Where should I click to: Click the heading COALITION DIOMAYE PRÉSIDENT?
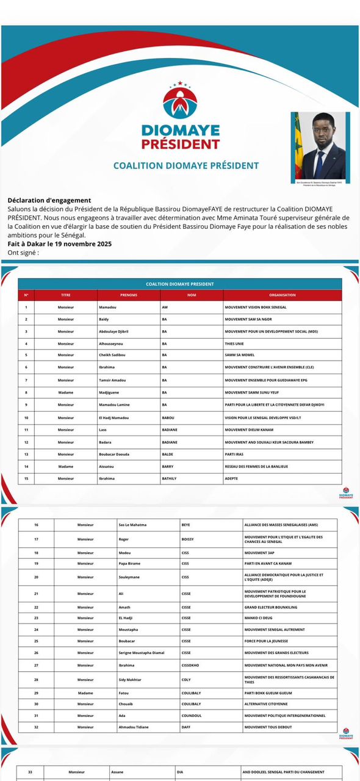(x=186, y=165)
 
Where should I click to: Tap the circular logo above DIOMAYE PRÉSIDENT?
(x=180, y=102)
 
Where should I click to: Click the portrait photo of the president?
(x=320, y=145)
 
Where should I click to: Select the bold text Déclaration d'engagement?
(x=49, y=200)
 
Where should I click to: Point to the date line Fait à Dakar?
(x=60, y=244)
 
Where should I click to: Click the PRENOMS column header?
(x=129, y=295)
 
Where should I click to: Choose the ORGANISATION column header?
(x=282, y=295)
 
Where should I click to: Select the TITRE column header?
(x=66, y=295)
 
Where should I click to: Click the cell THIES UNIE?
(x=238, y=344)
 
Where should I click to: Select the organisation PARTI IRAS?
(x=237, y=455)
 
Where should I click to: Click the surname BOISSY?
(x=190, y=539)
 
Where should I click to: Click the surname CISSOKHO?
(x=193, y=665)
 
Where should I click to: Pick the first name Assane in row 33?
(x=118, y=772)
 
